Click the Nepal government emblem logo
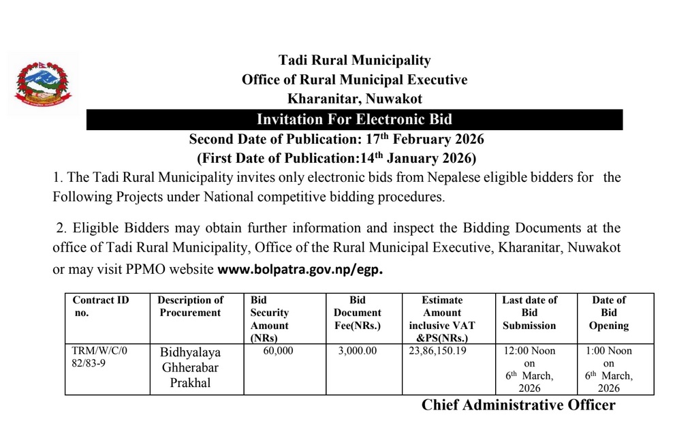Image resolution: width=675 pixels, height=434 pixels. (x=42, y=87)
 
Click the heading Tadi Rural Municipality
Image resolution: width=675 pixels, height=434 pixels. (x=354, y=61)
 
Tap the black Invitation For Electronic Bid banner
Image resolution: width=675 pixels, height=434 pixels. (x=354, y=120)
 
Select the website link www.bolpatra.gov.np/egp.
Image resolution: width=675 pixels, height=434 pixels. (x=300, y=269)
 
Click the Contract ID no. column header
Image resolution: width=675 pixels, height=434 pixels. (x=100, y=306)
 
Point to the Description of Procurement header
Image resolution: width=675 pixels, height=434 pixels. (x=190, y=306)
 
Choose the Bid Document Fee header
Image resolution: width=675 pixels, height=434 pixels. (x=357, y=313)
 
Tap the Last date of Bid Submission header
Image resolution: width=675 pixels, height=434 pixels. (x=529, y=313)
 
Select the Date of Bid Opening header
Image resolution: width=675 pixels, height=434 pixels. (x=608, y=313)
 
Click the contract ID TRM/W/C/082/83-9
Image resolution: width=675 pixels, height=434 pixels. (x=99, y=358)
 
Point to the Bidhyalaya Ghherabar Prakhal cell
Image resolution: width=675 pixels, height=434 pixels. (x=190, y=367)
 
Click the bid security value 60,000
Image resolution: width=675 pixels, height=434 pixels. (x=277, y=352)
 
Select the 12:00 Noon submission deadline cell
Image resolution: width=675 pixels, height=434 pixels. (x=529, y=369)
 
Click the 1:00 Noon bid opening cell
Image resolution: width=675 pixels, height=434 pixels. (x=608, y=369)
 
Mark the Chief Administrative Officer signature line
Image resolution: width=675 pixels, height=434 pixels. (x=518, y=405)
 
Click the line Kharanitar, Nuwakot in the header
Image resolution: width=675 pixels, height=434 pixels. (x=354, y=99)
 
